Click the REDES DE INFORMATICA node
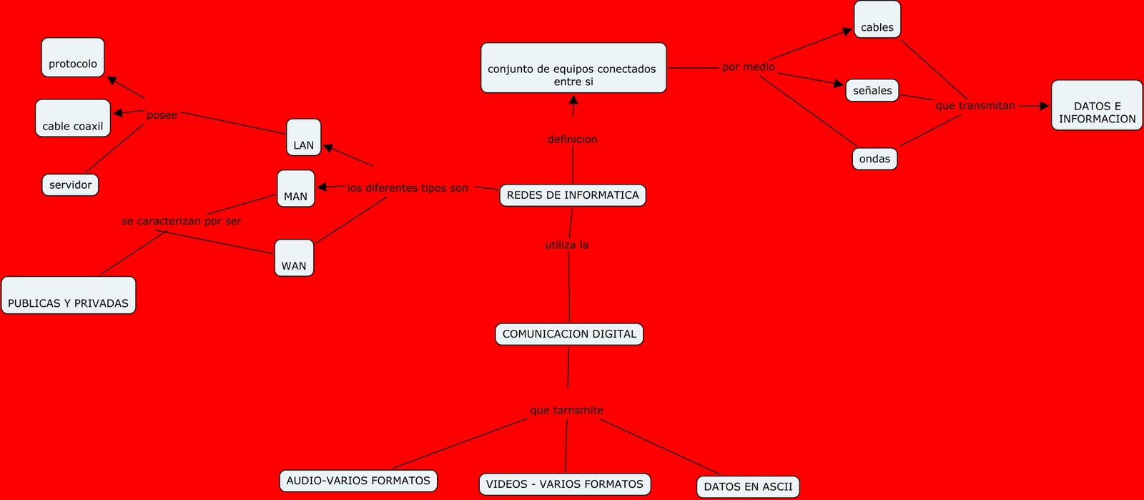click(x=573, y=195)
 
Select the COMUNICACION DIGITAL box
click(x=569, y=334)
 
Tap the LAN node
click(x=304, y=137)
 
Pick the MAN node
click(x=296, y=189)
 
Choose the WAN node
click(x=294, y=258)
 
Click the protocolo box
click(x=73, y=58)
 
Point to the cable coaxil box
click(x=73, y=119)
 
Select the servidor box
click(x=70, y=185)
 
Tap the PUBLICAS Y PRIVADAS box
click(x=69, y=295)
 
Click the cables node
click(x=877, y=20)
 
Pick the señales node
click(x=872, y=91)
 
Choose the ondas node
click(x=874, y=159)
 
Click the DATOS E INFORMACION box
click(x=1097, y=106)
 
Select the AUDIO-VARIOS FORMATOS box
click(x=358, y=481)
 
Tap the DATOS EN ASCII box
click(x=748, y=487)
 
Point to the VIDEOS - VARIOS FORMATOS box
click(x=565, y=484)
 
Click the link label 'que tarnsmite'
click(x=566, y=411)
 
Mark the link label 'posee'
click(x=162, y=115)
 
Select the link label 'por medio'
click(x=749, y=67)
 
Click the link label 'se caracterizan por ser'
click(x=182, y=222)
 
